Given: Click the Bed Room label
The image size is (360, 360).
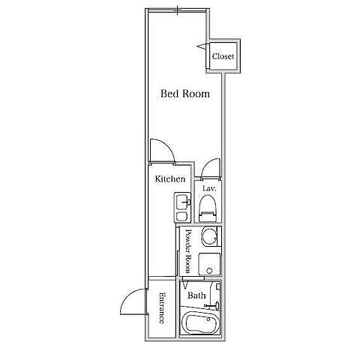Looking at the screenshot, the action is coord(185,94).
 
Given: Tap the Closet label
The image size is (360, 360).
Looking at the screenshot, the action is coord(223,56).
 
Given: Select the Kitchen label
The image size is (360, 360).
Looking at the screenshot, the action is coord(170,178).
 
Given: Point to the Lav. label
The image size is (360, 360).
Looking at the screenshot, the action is coord(209,188).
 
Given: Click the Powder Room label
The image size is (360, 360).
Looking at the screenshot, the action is coord(188,251).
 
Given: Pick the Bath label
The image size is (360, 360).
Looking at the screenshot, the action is coord(196,295).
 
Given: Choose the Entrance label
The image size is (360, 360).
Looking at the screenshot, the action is coord(162,308).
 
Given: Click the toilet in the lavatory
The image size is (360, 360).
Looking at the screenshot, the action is coord(207,208).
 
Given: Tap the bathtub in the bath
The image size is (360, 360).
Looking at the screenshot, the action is coord(200,323).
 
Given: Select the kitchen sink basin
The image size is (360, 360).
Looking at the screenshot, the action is coord(182,202).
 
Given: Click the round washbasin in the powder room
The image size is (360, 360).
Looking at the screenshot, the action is coord(209,236).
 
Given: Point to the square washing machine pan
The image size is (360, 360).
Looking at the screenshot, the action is coord(209,264).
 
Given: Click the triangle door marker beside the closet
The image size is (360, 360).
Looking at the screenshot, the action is coord(202,46).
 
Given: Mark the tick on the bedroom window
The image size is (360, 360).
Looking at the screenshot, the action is coord(177,10).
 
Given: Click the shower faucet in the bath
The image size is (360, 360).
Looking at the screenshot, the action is coord(212,305).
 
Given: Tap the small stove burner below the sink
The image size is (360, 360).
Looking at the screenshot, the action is coord(182,216).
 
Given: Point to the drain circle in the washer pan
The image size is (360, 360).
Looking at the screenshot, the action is coord(210,271).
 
